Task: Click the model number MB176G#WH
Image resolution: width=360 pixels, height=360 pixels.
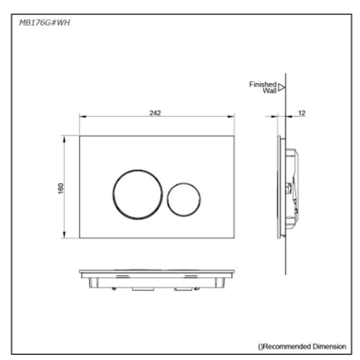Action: (x=44, y=23)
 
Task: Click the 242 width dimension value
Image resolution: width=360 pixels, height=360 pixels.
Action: (x=155, y=113)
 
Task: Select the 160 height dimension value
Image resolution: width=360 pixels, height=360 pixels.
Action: (x=61, y=189)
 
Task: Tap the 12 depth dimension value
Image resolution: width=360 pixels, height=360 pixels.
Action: (x=301, y=113)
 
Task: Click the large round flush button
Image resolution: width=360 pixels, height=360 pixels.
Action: (x=138, y=195)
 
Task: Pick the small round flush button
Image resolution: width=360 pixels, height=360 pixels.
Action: (x=184, y=199)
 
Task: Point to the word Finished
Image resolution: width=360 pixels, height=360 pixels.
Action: (x=263, y=85)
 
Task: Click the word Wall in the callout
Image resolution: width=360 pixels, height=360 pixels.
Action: (x=269, y=91)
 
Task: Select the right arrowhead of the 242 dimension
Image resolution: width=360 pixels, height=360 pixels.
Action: (x=231, y=116)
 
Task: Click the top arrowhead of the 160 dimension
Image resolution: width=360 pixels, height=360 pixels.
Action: (x=64, y=139)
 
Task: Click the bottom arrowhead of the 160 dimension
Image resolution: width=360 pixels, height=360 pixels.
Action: (x=64, y=235)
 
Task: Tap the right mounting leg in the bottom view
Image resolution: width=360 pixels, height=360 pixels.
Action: (x=220, y=283)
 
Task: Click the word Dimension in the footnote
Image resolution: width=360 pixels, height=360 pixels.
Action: (x=329, y=346)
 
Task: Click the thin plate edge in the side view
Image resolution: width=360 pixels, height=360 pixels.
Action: (x=279, y=187)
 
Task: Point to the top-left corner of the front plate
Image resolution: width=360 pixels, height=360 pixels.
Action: (x=80, y=136)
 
